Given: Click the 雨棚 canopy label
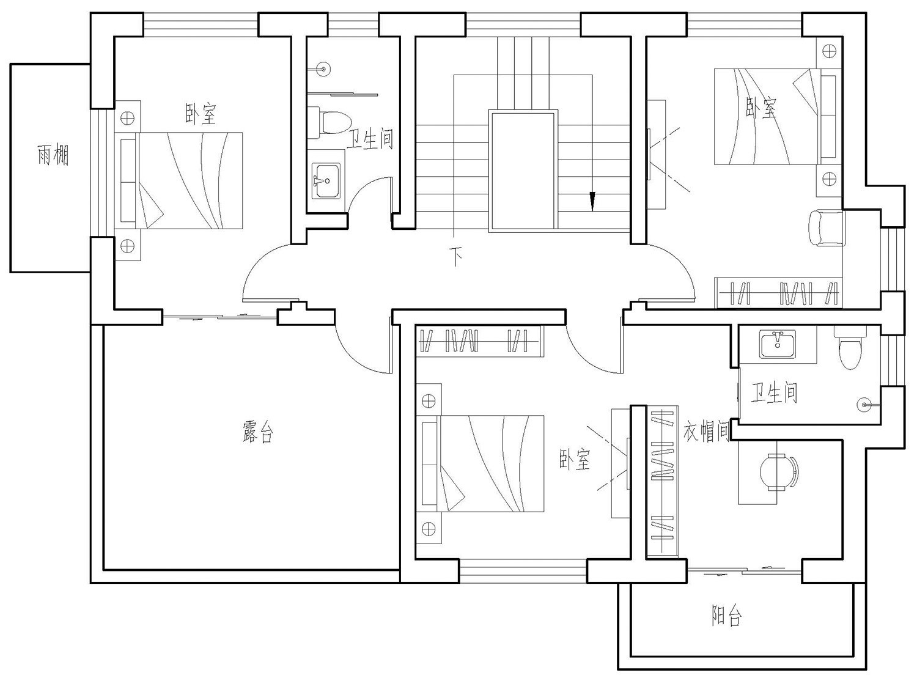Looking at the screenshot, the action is [x=53, y=155].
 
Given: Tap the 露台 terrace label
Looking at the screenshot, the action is [x=258, y=432].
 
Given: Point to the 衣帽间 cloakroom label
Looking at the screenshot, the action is [x=706, y=431].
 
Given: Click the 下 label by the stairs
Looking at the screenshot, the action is [x=455, y=257].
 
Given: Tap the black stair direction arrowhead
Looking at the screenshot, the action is [x=592, y=201].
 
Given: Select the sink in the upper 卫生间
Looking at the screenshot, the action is [x=326, y=180].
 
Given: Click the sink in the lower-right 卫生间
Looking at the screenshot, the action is [x=777, y=344].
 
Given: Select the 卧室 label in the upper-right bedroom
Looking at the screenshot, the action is [x=761, y=108].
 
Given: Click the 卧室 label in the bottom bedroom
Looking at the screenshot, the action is [x=575, y=459].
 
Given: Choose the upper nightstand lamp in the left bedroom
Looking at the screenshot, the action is [x=127, y=118].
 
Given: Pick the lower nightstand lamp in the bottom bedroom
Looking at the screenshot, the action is [x=429, y=528].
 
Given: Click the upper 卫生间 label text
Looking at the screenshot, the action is [x=370, y=139].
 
